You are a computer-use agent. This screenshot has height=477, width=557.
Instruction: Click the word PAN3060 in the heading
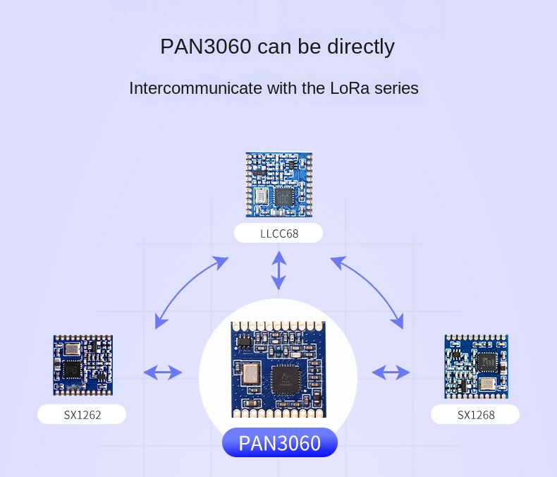[205, 47]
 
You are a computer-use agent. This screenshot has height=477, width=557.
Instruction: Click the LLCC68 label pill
[278, 234]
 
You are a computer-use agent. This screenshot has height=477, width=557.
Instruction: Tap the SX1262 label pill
[82, 415]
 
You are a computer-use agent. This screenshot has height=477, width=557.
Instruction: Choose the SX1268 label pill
[476, 415]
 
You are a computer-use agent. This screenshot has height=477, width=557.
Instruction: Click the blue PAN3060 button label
[279, 443]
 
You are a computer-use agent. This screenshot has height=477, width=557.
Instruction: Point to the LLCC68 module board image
[278, 185]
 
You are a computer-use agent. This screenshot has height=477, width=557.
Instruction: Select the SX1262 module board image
[82, 365]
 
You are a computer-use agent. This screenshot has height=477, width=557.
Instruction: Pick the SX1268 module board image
[476, 366]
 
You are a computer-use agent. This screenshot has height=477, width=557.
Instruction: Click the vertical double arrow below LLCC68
[279, 270]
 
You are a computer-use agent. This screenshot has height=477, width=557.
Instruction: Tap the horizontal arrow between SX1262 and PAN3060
[163, 372]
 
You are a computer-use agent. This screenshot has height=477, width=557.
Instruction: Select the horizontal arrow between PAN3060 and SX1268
[391, 372]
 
